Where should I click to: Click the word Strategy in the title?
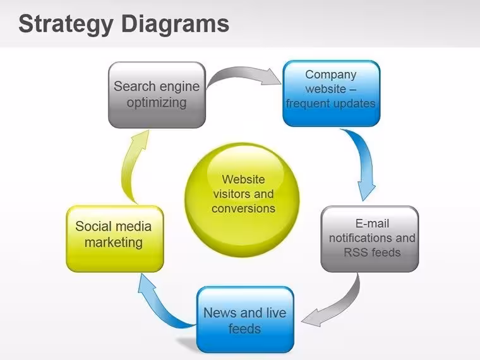coord(66,25)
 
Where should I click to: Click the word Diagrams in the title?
coord(175,23)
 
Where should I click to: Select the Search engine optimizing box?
coord(157,95)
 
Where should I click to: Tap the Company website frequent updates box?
coord(331,93)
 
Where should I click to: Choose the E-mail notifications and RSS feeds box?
coord(369,239)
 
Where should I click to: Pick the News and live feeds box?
coord(245,320)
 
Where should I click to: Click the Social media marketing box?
coord(115,239)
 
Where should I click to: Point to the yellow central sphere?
coord(243,200)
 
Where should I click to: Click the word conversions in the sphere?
coord(243,208)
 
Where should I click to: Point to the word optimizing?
coord(157,103)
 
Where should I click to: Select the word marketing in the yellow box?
coord(114,243)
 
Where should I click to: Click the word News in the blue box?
coord(220,313)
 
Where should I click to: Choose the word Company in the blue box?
coord(331,75)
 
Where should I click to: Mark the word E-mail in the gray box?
coord(372,224)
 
